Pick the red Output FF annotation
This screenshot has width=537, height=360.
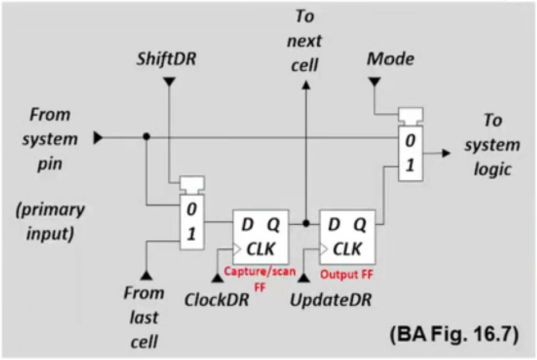click(346, 274)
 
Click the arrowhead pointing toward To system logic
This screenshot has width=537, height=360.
click(446, 153)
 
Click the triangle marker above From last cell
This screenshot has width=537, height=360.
click(146, 274)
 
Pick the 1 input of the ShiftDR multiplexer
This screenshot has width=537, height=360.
click(192, 234)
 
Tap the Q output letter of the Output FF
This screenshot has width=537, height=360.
click(360, 224)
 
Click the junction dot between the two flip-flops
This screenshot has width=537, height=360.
click(306, 224)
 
